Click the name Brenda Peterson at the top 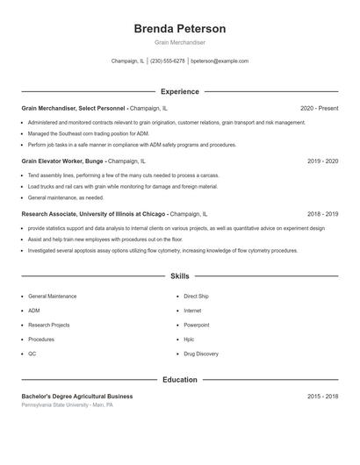[x=179, y=28]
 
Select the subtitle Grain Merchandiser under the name [x=179, y=42]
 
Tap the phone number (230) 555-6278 [x=167, y=61]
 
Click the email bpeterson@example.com [x=220, y=61]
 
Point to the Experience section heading [x=179, y=91]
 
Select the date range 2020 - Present [x=319, y=108]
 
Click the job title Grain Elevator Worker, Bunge [x=63, y=161]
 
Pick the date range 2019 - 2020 [x=322, y=161]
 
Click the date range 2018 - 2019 [x=322, y=213]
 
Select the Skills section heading [x=179, y=275]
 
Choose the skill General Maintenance [x=52, y=297]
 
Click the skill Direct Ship [x=196, y=297]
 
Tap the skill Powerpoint [x=197, y=325]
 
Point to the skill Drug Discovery [x=201, y=354]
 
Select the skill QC [x=32, y=354]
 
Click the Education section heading [x=179, y=380]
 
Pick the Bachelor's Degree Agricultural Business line [x=77, y=397]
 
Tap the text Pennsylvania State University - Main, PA [x=67, y=405]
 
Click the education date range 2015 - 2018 [x=322, y=397]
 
